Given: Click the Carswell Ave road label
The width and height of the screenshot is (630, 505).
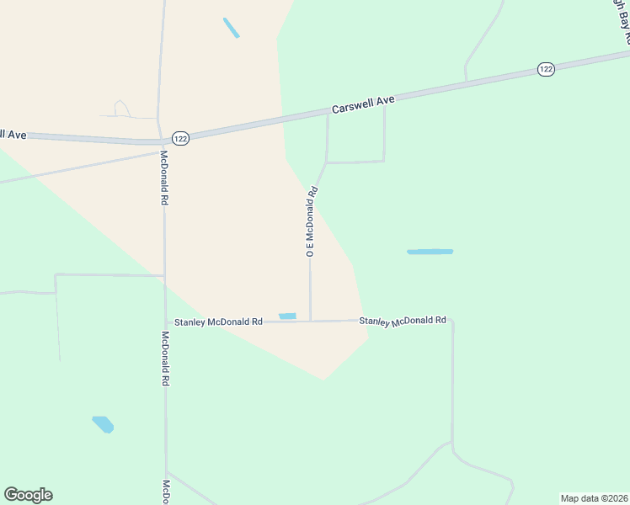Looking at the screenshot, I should click(x=363, y=104).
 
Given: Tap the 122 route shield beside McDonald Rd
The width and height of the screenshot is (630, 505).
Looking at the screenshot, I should click(x=180, y=138).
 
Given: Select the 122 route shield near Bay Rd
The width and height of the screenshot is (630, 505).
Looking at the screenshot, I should click(x=546, y=70).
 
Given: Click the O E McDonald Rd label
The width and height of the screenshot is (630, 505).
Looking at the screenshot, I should click(x=312, y=220).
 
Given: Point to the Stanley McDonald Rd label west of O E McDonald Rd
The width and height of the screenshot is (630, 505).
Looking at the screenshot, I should click(x=218, y=322).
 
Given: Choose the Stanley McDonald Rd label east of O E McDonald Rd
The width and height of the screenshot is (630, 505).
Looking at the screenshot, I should click(x=403, y=321).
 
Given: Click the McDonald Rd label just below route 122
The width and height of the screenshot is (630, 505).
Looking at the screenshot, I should click(x=164, y=178).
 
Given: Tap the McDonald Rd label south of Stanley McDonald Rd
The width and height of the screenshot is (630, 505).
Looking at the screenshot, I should click(x=166, y=358).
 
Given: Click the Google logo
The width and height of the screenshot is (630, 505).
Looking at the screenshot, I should click(x=28, y=495).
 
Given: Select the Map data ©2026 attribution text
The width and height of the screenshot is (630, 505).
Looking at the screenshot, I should click(x=594, y=497).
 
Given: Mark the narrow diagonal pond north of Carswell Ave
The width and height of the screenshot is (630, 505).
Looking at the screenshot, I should click(x=231, y=28).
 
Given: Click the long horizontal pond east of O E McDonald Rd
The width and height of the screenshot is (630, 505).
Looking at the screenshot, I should click(x=430, y=252).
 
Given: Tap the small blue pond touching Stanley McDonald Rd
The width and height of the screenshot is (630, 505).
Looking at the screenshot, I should click(x=287, y=316).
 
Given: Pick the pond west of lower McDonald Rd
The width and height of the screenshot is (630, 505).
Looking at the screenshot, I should click(x=103, y=424).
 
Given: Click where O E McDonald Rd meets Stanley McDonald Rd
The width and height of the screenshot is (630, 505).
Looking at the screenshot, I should click(x=311, y=321).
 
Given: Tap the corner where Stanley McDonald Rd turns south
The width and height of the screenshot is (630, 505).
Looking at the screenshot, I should click(x=451, y=320).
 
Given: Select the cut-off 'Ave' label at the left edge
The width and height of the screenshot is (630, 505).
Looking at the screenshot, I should click(x=14, y=134).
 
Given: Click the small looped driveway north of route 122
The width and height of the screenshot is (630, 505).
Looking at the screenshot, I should click(x=122, y=109).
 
